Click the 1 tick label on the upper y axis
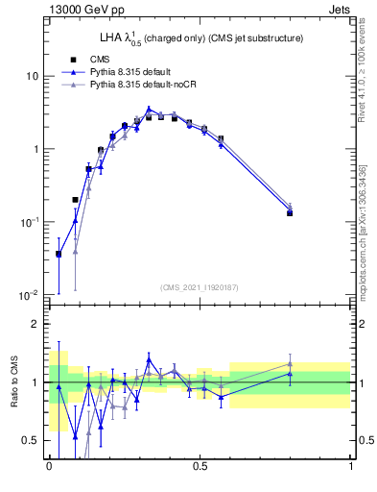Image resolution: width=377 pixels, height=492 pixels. coord(35,149)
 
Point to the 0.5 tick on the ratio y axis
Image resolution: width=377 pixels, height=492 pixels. coord(30,440)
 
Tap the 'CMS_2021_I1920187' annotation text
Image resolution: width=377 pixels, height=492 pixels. coord(200,287)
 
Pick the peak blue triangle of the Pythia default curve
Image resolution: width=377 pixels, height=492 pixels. coord(149,110)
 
